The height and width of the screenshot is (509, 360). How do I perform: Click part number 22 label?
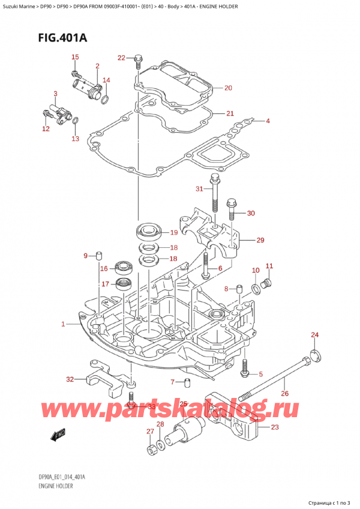(121, 58)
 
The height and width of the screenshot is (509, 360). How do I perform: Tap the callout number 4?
(268, 121)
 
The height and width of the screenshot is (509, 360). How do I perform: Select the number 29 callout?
(260, 241)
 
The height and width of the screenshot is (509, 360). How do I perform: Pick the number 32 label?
(70, 379)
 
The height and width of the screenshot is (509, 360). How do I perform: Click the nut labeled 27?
(150, 449)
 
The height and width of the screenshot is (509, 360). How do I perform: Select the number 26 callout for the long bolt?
(284, 394)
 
